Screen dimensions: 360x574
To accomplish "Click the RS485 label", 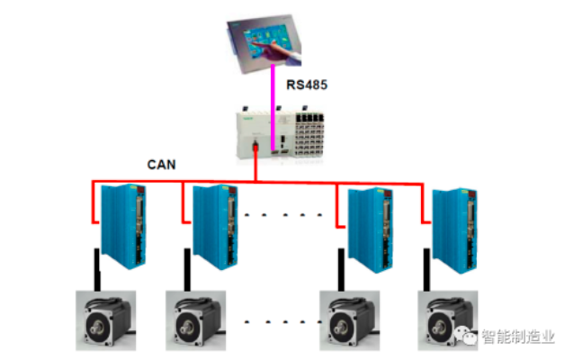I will pyautogui.click(x=307, y=85).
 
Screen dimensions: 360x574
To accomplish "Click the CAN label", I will pyautogui.click(x=161, y=165).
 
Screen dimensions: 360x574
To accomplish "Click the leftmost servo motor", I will pyautogui.click(x=103, y=320).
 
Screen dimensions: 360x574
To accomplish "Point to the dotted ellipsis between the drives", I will pyautogui.click(x=283, y=216).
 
